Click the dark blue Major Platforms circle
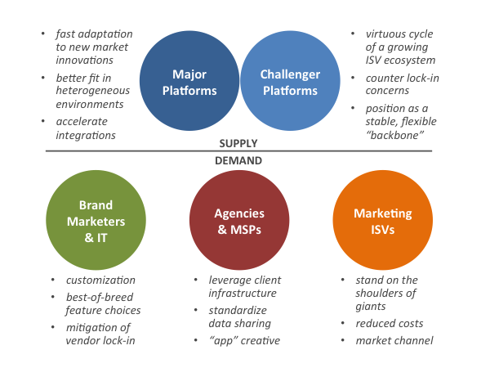coord(189,81)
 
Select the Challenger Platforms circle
coord(290,81)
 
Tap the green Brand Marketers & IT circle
coord(96,220)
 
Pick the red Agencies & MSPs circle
coord(239,220)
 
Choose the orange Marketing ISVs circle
coord(382,220)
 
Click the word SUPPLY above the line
coord(238,143)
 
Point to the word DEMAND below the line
coord(238,160)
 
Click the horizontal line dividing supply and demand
coord(238,150)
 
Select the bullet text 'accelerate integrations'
coord(86,128)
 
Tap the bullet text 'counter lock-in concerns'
coord(403,84)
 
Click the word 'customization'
coord(100,280)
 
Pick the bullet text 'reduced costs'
coord(390,323)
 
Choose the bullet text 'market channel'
coord(394,340)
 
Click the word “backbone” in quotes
coord(395,135)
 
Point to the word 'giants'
coord(371,307)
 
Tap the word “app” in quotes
coord(223,341)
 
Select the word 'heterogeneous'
coord(93,91)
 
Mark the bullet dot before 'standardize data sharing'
coord(196,310)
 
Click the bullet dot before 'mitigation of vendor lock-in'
coord(53,327)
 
